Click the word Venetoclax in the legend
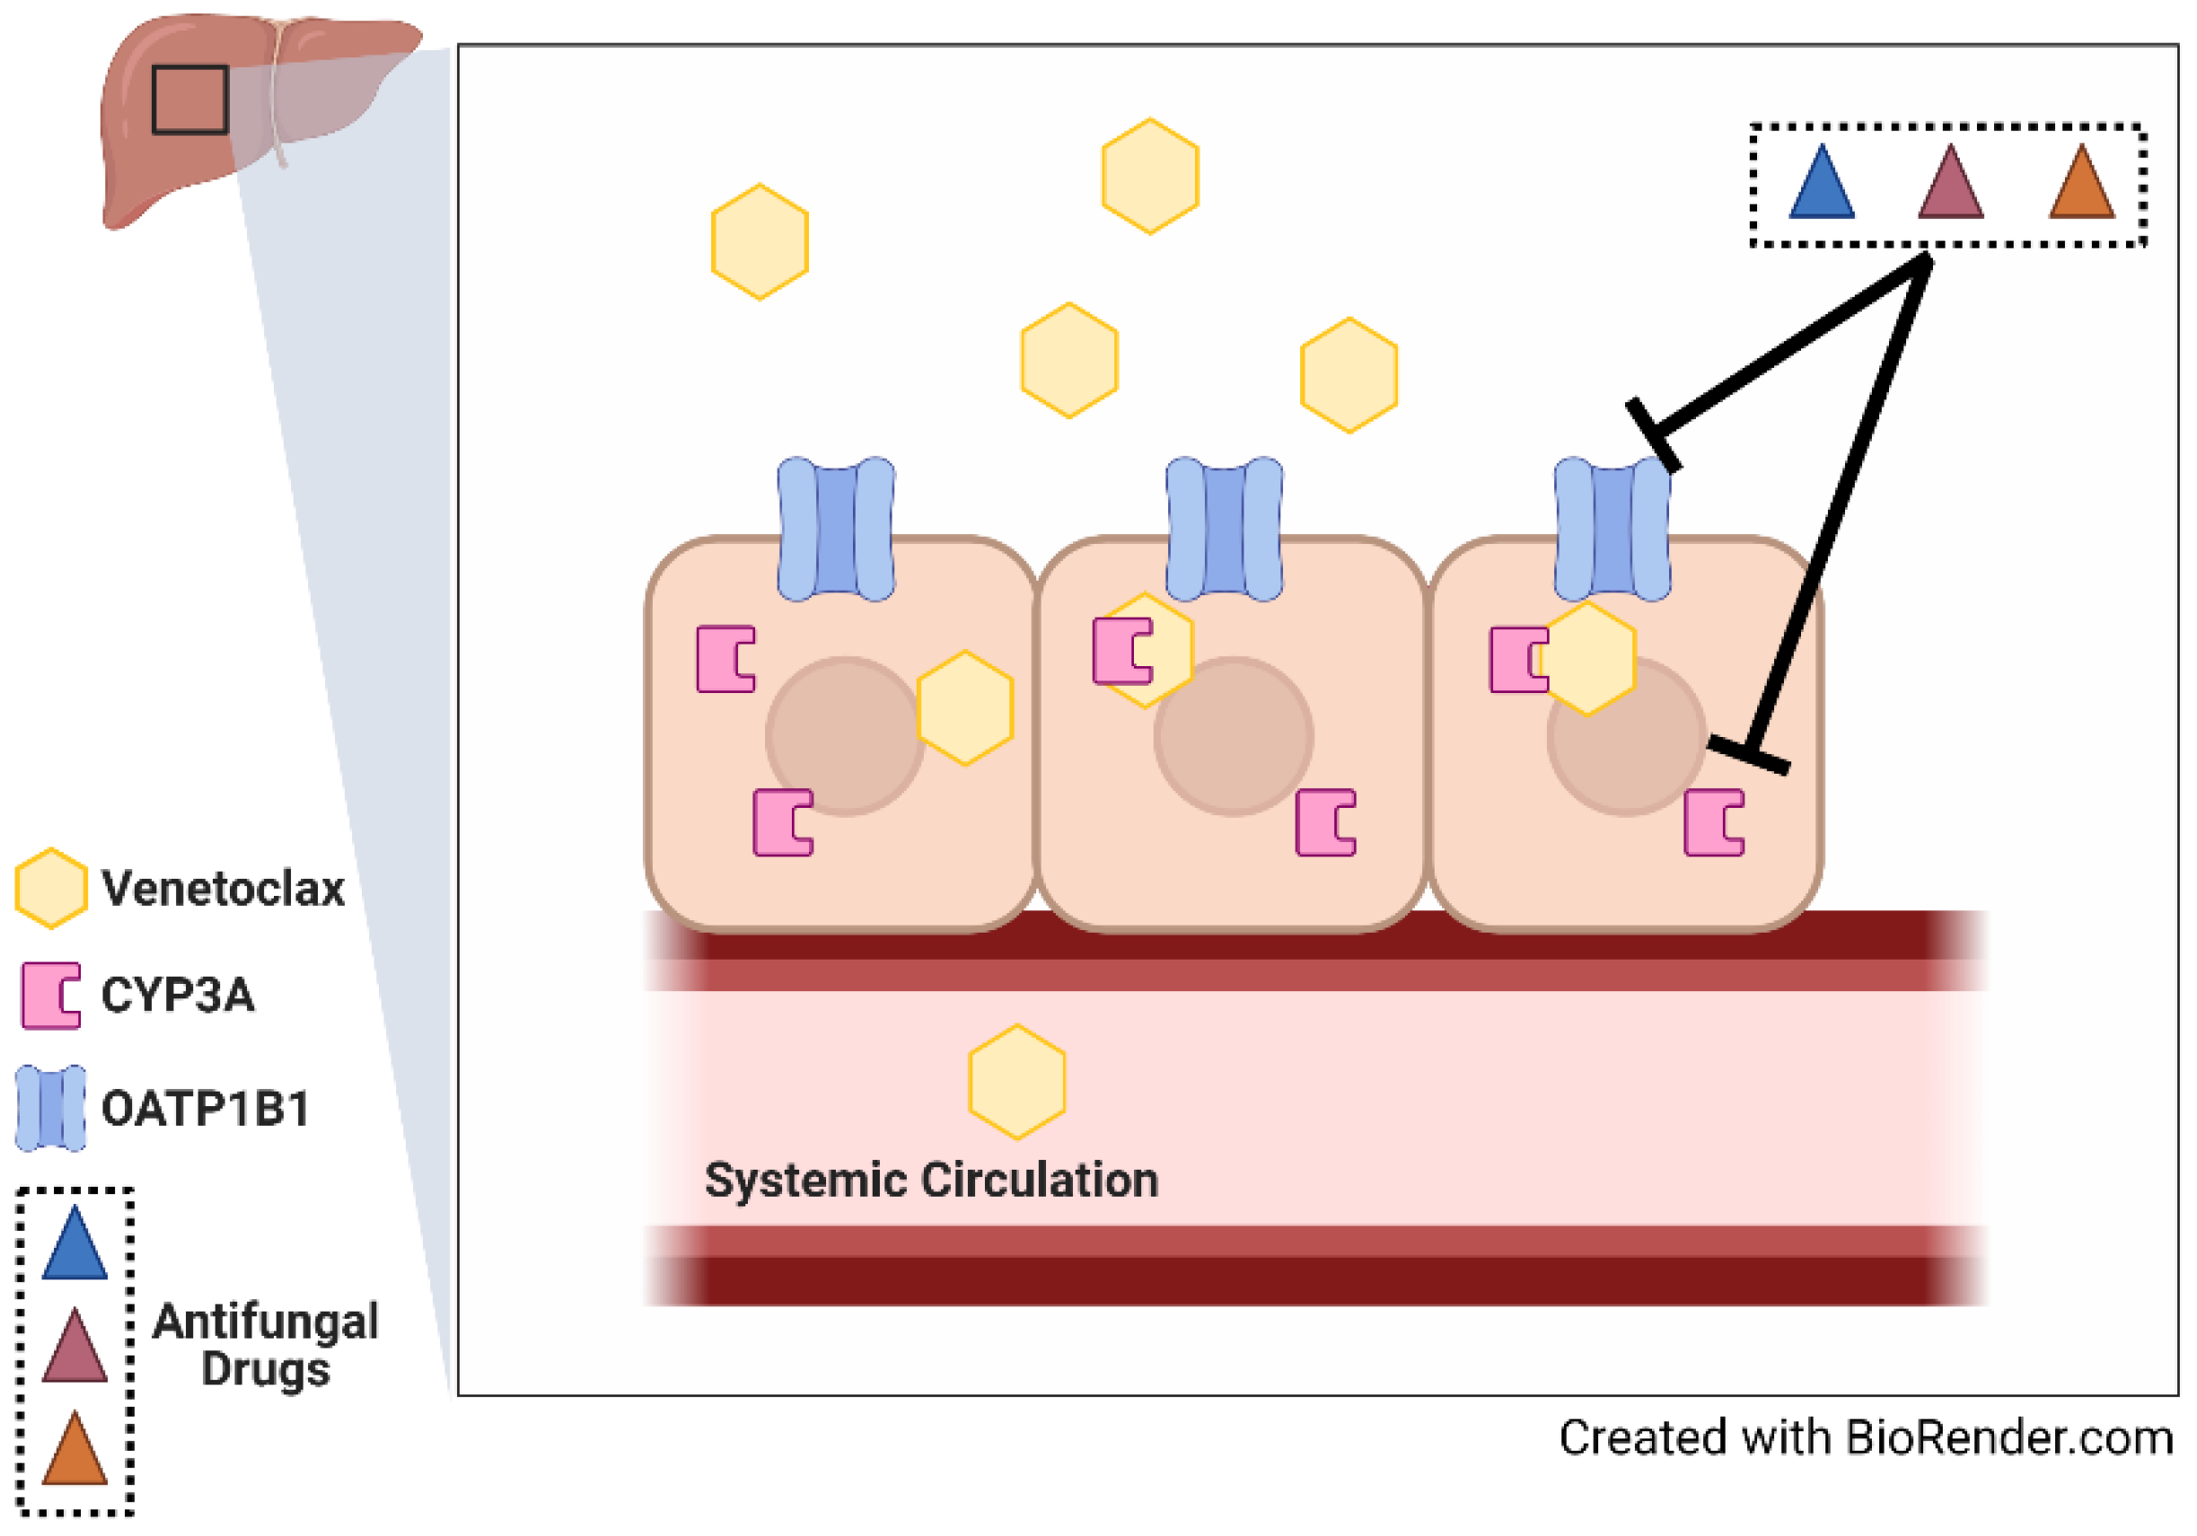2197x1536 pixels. point(223,889)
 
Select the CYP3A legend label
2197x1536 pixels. point(178,996)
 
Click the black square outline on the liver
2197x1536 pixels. point(189,100)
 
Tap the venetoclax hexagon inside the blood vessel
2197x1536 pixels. point(1016,1083)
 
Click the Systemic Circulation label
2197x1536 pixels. point(931,1180)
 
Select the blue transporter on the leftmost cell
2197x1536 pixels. point(836,530)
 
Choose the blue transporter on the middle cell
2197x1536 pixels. point(1224,530)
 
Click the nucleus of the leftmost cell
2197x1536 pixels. point(844,736)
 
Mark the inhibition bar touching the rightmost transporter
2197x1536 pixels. point(1654,436)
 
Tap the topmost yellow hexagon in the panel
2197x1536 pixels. point(1150,176)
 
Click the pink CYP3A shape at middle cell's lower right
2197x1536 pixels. point(1325,822)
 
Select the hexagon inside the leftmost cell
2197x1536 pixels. point(964,708)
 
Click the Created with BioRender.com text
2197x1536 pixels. point(1865,1438)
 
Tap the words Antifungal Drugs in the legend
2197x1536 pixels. point(265,1345)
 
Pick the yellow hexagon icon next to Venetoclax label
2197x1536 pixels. point(50,888)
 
